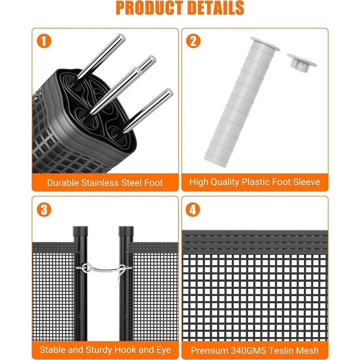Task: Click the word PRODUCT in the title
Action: click(150, 8)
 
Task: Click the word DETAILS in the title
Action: click(216, 8)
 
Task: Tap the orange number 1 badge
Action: click(44, 41)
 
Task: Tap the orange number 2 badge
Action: click(193, 41)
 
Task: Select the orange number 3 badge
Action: click(44, 210)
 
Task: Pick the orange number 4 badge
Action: click(193, 210)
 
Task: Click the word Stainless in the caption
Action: click(100, 183)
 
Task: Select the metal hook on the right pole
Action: click(122, 271)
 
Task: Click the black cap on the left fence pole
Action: click(81, 233)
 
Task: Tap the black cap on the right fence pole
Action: click(126, 233)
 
